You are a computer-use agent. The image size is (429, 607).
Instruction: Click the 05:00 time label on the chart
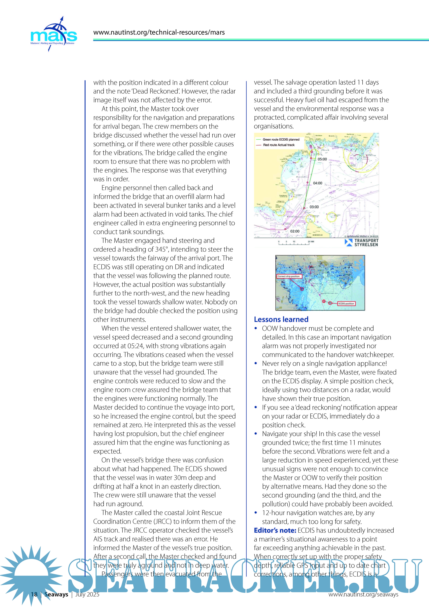pos(322,159)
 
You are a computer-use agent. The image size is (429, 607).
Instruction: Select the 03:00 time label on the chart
pos(314,207)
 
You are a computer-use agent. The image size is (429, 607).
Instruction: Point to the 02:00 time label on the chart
pos(295,231)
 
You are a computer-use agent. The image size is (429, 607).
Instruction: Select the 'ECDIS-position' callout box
pos(346,303)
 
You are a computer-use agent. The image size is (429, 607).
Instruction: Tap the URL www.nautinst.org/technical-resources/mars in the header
pos(159,33)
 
